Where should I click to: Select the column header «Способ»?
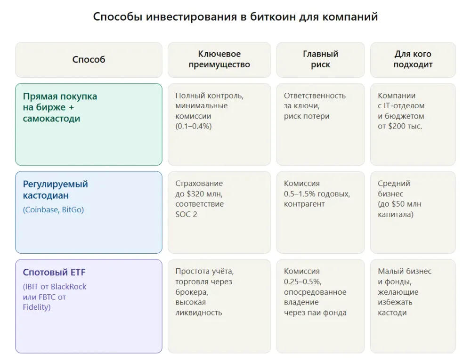point(89,59)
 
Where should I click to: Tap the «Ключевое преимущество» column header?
point(219,59)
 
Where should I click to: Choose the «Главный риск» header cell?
point(320,59)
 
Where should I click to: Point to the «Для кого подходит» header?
point(413,59)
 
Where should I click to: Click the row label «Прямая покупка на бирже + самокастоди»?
point(60,107)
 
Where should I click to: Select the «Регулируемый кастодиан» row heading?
point(56,190)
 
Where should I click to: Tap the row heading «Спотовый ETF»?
point(54,272)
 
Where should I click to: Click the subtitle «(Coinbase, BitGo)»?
point(53,210)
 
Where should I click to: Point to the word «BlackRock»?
point(69,287)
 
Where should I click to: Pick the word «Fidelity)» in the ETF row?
point(37,307)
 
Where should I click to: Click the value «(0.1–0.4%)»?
point(194,126)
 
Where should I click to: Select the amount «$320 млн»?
point(205,193)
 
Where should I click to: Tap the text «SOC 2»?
point(187,214)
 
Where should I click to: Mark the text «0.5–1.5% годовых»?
point(317,193)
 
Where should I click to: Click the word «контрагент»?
point(304,204)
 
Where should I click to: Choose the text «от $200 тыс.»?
point(400,126)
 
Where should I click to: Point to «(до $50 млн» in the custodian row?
point(399,204)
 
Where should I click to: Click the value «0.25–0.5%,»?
point(302,282)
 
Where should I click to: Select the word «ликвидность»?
point(198,313)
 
